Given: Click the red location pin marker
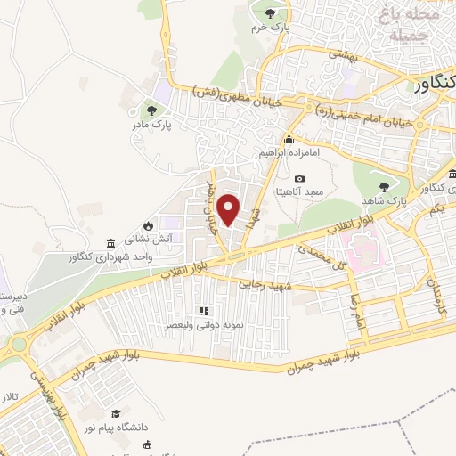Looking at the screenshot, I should click(x=229, y=209).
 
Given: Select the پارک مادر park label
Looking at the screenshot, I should click(x=147, y=127).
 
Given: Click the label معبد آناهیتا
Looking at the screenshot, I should click(x=308, y=191).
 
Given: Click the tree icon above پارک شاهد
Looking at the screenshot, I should click(x=384, y=187).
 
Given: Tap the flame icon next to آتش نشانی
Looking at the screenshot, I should click(x=148, y=226).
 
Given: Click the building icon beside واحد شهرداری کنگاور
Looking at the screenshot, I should click(x=110, y=243).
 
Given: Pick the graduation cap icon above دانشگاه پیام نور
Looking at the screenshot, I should click(x=116, y=414).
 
